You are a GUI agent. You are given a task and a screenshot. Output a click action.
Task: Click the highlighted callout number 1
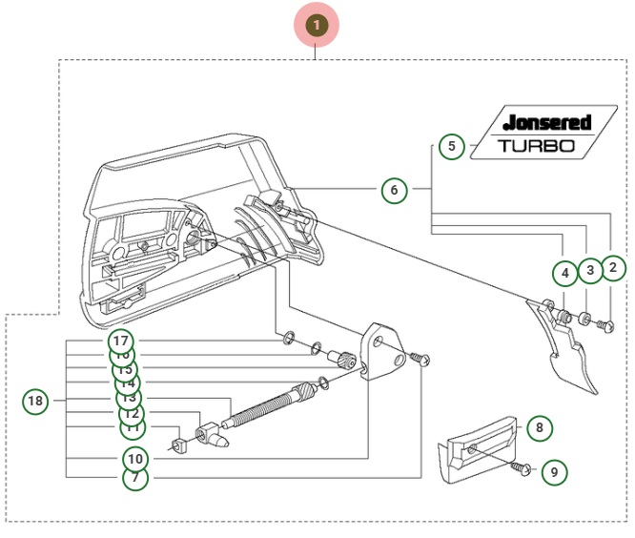click(317, 26)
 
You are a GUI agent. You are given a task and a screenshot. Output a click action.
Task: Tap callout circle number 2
click(613, 268)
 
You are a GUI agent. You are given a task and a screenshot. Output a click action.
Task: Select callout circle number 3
click(590, 271)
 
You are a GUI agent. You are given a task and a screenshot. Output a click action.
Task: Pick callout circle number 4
click(565, 274)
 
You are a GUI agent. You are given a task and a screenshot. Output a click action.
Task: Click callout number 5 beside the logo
click(452, 147)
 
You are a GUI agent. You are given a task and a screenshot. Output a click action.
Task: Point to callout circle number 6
click(394, 191)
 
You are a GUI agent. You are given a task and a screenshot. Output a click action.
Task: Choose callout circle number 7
click(135, 478)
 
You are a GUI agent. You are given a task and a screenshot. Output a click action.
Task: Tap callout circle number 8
click(539, 428)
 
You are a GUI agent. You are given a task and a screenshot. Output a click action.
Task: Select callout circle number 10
click(135, 459)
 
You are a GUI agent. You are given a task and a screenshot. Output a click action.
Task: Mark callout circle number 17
click(120, 340)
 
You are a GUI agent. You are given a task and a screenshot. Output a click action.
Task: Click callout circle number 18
click(35, 401)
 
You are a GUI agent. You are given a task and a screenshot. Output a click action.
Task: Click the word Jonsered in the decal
click(548, 123)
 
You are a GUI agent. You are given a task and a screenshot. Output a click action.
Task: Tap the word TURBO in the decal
click(537, 146)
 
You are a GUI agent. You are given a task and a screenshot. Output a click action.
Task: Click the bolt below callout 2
click(604, 325)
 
